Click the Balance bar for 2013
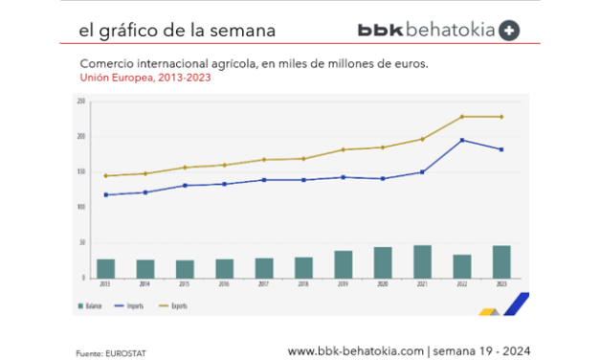tap(105, 268)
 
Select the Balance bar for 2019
tap(343, 264)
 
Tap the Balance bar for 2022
tap(461, 266)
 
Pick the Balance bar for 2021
tap(422, 261)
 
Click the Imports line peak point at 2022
tap(461, 140)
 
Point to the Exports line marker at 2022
tap(461, 117)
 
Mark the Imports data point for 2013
tap(105, 195)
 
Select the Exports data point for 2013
tap(105, 176)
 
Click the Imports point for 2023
tap(501, 149)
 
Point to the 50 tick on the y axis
tap(83, 242)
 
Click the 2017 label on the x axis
tap(264, 284)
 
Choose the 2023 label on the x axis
tap(501, 284)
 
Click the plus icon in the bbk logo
tap(509, 30)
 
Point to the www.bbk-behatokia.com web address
tap(355, 351)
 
